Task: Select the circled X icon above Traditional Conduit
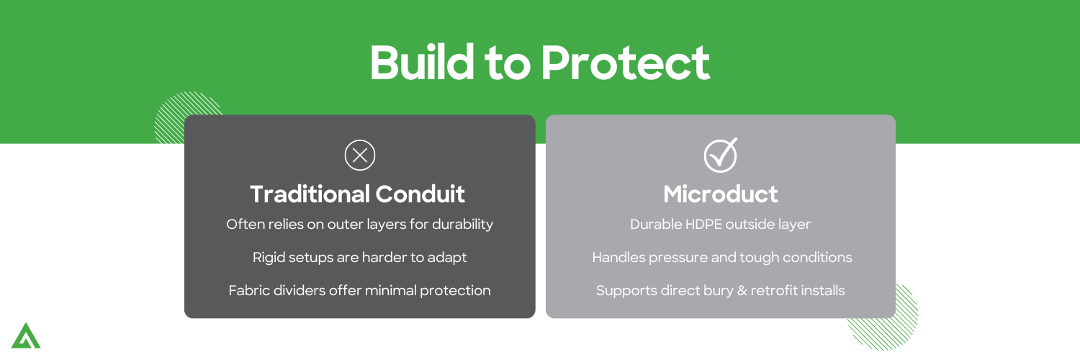360,156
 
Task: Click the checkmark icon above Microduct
720,155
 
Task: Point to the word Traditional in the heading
310,194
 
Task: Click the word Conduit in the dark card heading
420,194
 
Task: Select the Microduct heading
720,194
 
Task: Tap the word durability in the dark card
462,225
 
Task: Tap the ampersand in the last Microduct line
739,291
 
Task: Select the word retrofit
775,291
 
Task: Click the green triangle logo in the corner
26,336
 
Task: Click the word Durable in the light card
654,225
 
